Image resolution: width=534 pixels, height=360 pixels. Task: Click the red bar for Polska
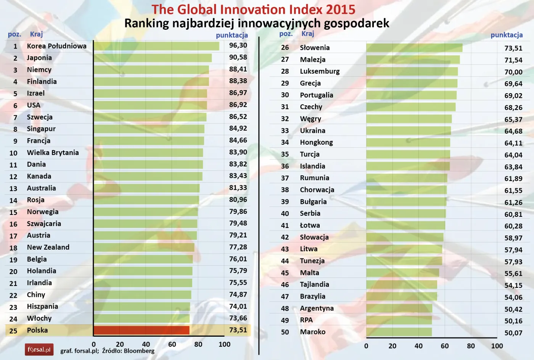pyautogui.click(x=142, y=330)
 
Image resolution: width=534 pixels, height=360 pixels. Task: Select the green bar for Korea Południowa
pyautogui.click(x=156, y=46)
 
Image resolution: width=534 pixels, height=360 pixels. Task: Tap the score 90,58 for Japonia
pyautogui.click(x=238, y=57)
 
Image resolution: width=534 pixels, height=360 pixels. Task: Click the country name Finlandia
pyautogui.click(x=42, y=81)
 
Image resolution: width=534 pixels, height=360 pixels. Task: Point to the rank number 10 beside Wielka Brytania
pyautogui.click(x=13, y=153)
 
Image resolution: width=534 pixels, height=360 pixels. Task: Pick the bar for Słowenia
pyautogui.click(x=414, y=48)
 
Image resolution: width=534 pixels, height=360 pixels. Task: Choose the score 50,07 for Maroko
pyautogui.click(x=513, y=333)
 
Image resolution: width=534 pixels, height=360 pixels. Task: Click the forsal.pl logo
pyautogui.click(x=39, y=349)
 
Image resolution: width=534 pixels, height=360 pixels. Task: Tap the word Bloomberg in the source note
pyautogui.click(x=139, y=351)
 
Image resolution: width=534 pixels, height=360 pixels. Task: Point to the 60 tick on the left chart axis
pyautogui.click(x=172, y=344)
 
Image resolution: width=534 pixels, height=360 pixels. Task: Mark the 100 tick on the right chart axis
pyautogui.click(x=497, y=346)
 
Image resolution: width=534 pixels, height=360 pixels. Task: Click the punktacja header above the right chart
pyautogui.click(x=507, y=35)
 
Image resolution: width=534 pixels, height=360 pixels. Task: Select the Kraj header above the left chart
pyautogui.click(x=36, y=34)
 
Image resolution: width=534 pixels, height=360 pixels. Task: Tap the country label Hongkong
pyautogui.click(x=316, y=142)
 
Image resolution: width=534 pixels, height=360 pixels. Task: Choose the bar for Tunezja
pyautogui.click(x=404, y=261)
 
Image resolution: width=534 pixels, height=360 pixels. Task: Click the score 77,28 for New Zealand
pyautogui.click(x=238, y=247)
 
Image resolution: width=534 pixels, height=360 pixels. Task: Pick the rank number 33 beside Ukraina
pyautogui.click(x=285, y=131)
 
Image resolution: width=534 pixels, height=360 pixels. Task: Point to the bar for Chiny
pyautogui.click(x=142, y=295)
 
